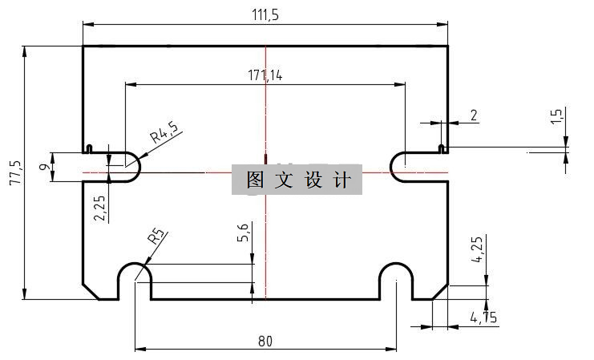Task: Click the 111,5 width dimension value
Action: pyautogui.click(x=265, y=14)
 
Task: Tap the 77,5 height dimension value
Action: pyautogui.click(x=14, y=172)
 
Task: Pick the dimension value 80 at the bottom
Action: pyautogui.click(x=265, y=341)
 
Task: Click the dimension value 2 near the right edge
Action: pyautogui.click(x=474, y=115)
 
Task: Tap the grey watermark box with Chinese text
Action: pyautogui.click(x=297, y=180)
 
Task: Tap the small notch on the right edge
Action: pyautogui.click(x=442, y=148)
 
